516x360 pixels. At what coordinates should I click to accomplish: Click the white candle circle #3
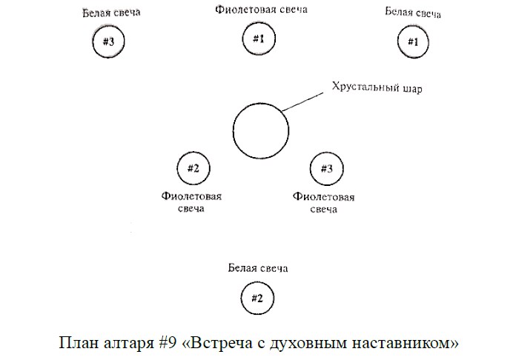pyautogui.click(x=93, y=41)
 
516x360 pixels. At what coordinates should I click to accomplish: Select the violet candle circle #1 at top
pyautogui.click(x=242, y=39)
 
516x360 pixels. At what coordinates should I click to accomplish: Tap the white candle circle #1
pyautogui.click(x=397, y=42)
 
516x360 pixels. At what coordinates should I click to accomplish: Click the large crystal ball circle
pyautogui.click(x=233, y=131)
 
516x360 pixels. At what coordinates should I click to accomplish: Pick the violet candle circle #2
pyautogui.click(x=177, y=168)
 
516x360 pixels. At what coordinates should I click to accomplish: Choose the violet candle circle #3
pyautogui.click(x=311, y=169)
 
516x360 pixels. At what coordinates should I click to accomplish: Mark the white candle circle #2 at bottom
pyautogui.click(x=241, y=299)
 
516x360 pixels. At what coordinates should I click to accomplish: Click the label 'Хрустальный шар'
pyautogui.click(x=377, y=87)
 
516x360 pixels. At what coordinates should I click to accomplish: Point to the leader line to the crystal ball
pyautogui.click(x=302, y=102)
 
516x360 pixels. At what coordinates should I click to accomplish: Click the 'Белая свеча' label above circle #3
pyautogui.click(x=111, y=13)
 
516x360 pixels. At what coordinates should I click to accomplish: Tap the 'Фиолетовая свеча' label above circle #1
pyautogui.click(x=261, y=10)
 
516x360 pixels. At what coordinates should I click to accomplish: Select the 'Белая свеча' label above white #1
pyautogui.click(x=413, y=13)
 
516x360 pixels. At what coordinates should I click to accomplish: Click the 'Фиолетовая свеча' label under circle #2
pyautogui.click(x=191, y=202)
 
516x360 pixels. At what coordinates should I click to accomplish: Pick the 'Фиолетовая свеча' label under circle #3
pyautogui.click(x=323, y=203)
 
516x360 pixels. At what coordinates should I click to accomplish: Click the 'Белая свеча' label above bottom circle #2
pyautogui.click(x=258, y=268)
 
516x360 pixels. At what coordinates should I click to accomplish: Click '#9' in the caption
pyautogui.click(x=168, y=342)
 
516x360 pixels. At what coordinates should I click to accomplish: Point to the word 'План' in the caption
pyautogui.click(x=79, y=342)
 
